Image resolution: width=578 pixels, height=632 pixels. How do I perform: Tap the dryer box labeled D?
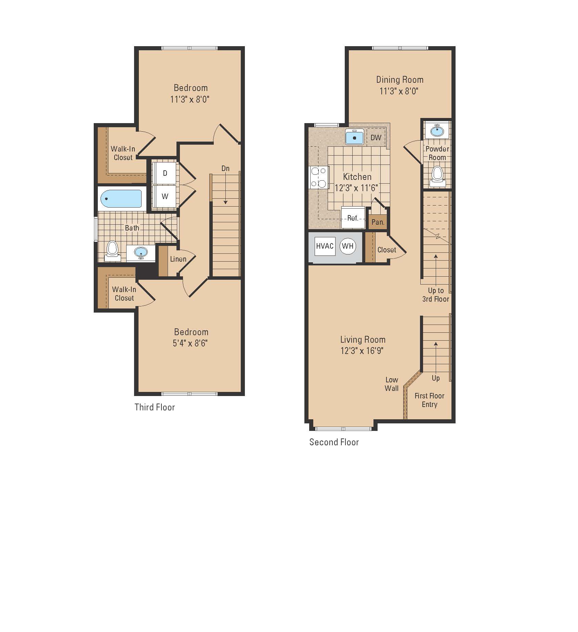(165, 173)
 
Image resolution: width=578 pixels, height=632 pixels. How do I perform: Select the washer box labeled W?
(165, 196)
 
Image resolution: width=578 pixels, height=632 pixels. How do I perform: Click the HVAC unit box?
(325, 246)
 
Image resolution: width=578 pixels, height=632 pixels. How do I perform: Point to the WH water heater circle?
(348, 246)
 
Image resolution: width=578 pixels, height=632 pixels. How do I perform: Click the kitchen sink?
(355, 137)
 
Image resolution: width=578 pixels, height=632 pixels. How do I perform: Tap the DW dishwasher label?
(376, 137)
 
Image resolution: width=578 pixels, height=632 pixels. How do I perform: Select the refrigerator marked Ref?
(353, 218)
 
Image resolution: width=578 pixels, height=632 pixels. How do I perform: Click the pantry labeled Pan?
(378, 222)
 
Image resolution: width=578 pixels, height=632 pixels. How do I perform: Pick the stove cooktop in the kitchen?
(319, 177)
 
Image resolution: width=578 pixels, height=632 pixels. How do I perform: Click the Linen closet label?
(178, 259)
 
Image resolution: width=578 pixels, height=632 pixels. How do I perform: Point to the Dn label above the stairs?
(225, 168)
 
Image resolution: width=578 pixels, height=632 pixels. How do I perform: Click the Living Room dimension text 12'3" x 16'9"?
(362, 351)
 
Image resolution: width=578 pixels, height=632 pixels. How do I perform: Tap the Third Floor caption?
(155, 407)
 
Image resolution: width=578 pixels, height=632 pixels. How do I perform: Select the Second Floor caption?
(334, 442)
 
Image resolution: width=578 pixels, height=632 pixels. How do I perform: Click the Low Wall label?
(392, 384)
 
